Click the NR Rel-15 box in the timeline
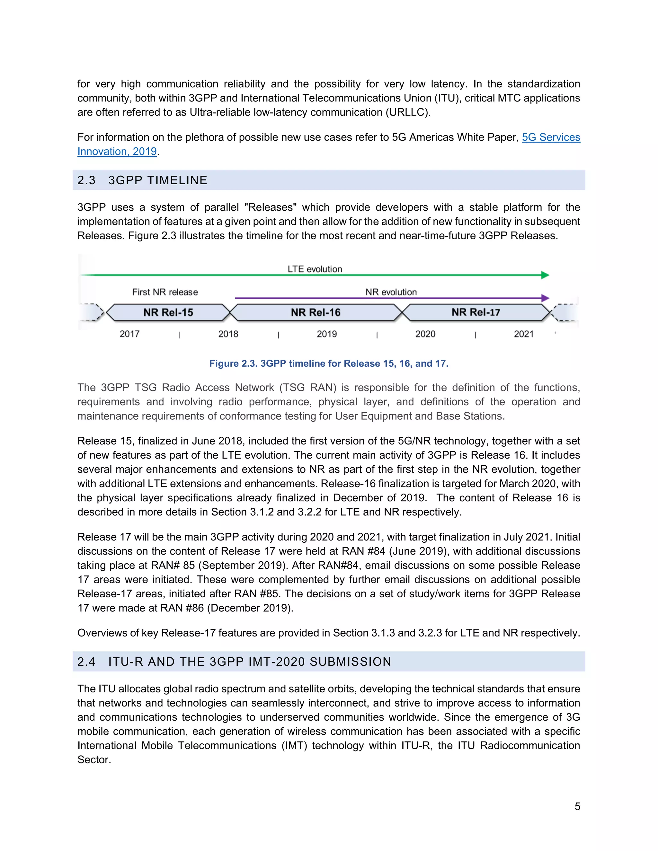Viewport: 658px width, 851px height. tap(168, 312)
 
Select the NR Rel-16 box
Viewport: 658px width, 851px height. tap(316, 312)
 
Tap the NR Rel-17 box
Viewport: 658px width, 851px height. tap(476, 312)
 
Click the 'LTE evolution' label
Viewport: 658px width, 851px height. tap(315, 269)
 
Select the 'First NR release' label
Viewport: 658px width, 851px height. tap(165, 292)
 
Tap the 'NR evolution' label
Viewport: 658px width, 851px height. tap(391, 292)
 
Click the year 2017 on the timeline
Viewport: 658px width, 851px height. tap(129, 334)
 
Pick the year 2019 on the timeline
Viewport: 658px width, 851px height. tap(327, 334)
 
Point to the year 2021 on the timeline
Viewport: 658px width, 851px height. tap(523, 334)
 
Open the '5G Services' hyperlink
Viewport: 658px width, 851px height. tap(551, 137)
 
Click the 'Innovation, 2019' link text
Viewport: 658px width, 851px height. tap(117, 151)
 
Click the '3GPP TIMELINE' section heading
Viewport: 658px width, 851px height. tap(158, 180)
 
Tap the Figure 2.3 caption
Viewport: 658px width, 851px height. tap(329, 363)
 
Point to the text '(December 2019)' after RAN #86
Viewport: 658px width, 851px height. tap(250, 608)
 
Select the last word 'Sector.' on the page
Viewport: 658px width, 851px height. tap(94, 759)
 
